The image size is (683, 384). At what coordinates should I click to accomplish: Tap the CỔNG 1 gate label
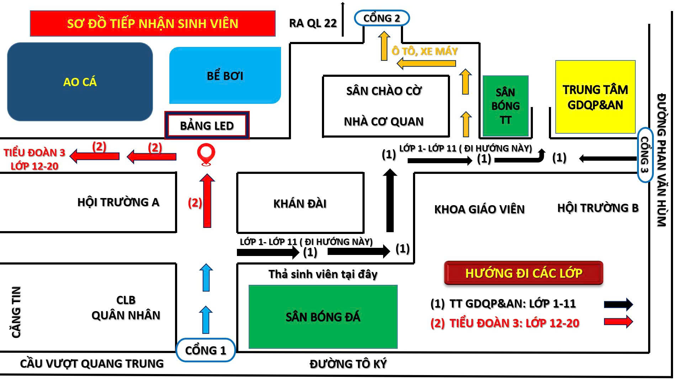click(x=206, y=350)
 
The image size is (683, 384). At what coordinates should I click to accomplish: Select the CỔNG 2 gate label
click(x=382, y=18)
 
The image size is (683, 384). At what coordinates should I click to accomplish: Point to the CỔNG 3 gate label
click(x=645, y=155)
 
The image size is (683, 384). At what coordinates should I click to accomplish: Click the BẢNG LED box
click(x=207, y=126)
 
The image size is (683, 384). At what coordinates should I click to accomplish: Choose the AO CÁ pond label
click(x=80, y=82)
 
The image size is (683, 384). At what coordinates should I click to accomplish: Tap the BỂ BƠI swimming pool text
click(x=225, y=76)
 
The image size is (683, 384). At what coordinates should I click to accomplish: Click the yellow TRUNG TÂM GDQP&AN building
click(x=595, y=97)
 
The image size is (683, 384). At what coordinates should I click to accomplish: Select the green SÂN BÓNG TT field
click(x=505, y=106)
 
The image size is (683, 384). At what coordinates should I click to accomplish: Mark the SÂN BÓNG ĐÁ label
click(x=323, y=317)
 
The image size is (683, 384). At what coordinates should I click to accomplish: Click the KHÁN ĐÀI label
click(x=300, y=204)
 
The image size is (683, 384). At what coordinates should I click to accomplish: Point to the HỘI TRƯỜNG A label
click(x=118, y=202)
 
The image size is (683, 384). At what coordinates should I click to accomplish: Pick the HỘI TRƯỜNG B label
click(x=598, y=208)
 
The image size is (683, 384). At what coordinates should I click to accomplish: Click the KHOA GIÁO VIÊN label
click(x=480, y=209)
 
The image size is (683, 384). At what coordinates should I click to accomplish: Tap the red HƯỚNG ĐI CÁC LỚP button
click(x=524, y=273)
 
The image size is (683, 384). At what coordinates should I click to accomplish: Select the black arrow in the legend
click(x=619, y=304)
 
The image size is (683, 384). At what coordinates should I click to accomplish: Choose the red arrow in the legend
click(x=619, y=321)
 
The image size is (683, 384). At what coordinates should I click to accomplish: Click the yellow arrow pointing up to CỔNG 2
click(x=384, y=46)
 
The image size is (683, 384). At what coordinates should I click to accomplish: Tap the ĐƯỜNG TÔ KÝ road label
click(x=348, y=364)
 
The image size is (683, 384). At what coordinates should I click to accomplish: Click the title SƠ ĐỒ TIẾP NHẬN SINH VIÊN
click(x=153, y=23)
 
